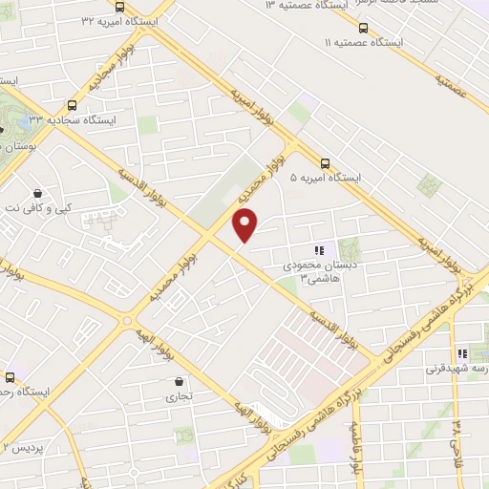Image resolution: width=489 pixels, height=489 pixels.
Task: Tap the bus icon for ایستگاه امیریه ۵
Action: (x=325, y=162)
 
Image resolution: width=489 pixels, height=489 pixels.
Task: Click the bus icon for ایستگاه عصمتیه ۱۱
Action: (x=362, y=28)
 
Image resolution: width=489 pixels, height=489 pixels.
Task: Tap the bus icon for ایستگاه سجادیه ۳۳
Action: (x=73, y=105)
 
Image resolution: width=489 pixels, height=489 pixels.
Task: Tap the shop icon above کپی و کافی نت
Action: (x=36, y=191)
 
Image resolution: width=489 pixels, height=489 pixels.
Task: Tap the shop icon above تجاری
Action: (x=180, y=379)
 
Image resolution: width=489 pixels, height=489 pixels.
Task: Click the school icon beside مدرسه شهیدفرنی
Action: (x=462, y=353)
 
